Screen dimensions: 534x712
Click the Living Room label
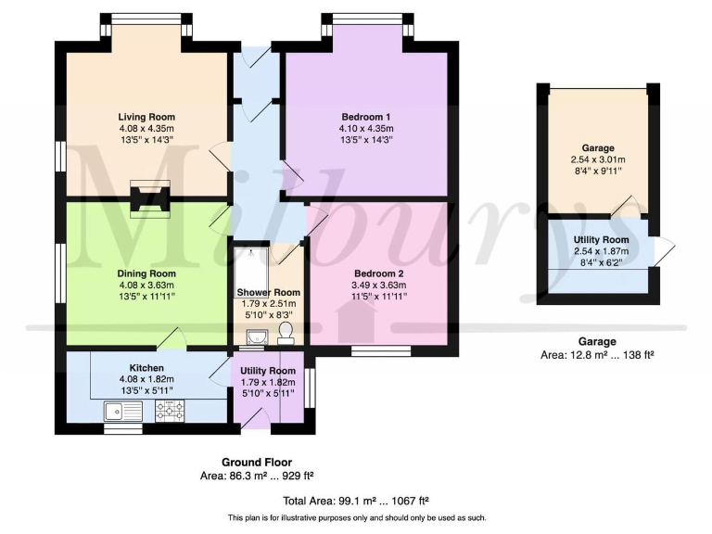point(146,116)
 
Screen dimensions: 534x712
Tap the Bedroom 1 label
point(367,116)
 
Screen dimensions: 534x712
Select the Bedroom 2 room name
point(379,273)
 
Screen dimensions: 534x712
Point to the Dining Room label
point(146,273)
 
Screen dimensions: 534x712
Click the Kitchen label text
point(146,368)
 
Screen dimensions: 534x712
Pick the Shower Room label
point(268,293)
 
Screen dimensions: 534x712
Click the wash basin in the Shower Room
point(259,335)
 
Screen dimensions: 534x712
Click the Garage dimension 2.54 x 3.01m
point(598,159)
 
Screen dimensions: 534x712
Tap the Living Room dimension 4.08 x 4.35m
point(146,128)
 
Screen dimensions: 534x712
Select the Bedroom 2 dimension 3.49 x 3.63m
point(379,286)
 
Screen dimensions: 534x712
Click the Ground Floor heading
point(257,462)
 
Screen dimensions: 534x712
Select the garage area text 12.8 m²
point(598,355)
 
